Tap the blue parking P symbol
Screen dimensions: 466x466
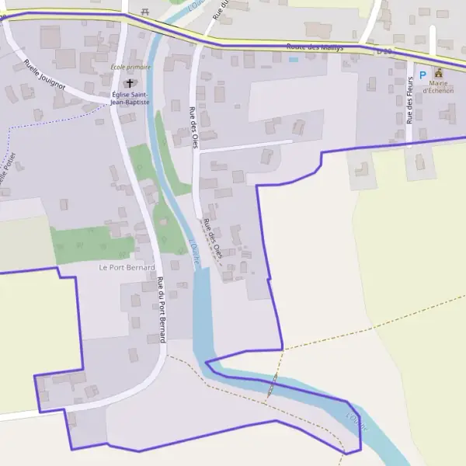(423, 75)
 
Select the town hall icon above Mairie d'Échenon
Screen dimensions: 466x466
(438, 73)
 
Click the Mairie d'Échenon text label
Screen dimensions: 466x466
(438, 90)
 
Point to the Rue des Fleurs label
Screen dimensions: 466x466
(409, 101)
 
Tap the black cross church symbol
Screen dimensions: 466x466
(129, 82)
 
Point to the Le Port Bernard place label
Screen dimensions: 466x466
(122, 267)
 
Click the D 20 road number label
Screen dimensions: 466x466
(385, 51)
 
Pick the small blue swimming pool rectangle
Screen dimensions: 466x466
(294, 59)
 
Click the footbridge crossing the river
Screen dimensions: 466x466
(272, 384)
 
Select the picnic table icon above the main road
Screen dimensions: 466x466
(144, 12)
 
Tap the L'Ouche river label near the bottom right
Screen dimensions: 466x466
(356, 424)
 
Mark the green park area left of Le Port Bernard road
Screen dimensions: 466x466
(92, 242)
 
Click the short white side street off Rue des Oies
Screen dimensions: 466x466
(245, 146)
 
